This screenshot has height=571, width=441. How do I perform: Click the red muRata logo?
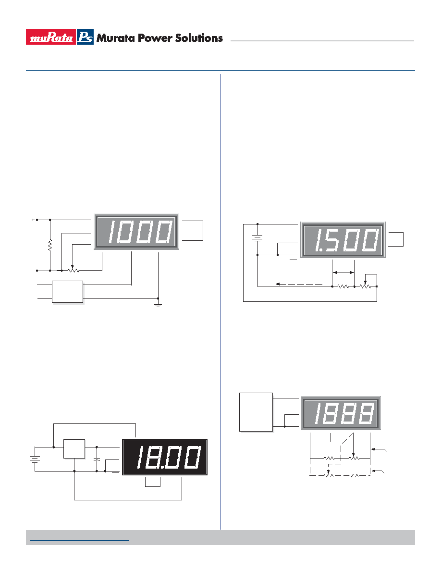coord(51,37)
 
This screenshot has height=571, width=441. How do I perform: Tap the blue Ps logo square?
coord(85,37)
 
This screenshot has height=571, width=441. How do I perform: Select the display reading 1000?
coord(136,232)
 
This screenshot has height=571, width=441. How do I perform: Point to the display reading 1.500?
coord(343,240)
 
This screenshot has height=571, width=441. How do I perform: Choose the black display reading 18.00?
coord(165,457)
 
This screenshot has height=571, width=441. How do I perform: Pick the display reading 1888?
coord(341,413)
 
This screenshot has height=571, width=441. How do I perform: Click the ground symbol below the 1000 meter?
coord(158,303)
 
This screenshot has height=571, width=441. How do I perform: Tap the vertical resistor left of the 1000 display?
coord(50,245)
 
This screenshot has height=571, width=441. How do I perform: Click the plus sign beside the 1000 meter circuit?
coord(33,220)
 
